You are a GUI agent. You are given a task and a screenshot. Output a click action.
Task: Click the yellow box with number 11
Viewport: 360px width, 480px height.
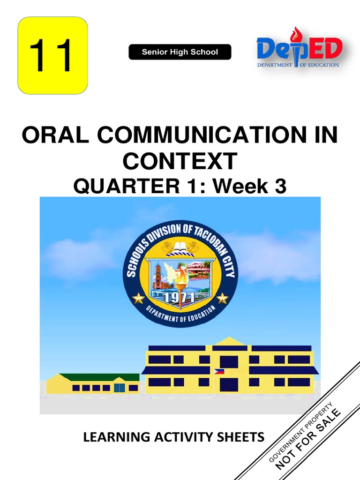click(x=52, y=55)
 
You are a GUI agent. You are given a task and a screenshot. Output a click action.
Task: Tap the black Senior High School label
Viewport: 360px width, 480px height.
click(x=180, y=52)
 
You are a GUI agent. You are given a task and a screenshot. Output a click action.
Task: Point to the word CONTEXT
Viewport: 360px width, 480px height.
click(x=180, y=161)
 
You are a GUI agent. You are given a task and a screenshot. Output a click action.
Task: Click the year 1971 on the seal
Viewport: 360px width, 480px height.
click(x=180, y=298)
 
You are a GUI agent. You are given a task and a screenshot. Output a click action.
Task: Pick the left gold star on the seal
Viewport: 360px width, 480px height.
click(x=138, y=298)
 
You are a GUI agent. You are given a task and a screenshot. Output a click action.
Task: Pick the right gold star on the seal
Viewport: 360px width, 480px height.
click(x=222, y=298)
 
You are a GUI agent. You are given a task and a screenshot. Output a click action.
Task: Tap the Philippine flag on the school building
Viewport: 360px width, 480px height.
click(x=219, y=371)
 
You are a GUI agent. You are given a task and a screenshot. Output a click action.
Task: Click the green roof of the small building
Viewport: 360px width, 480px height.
click(x=99, y=377)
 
